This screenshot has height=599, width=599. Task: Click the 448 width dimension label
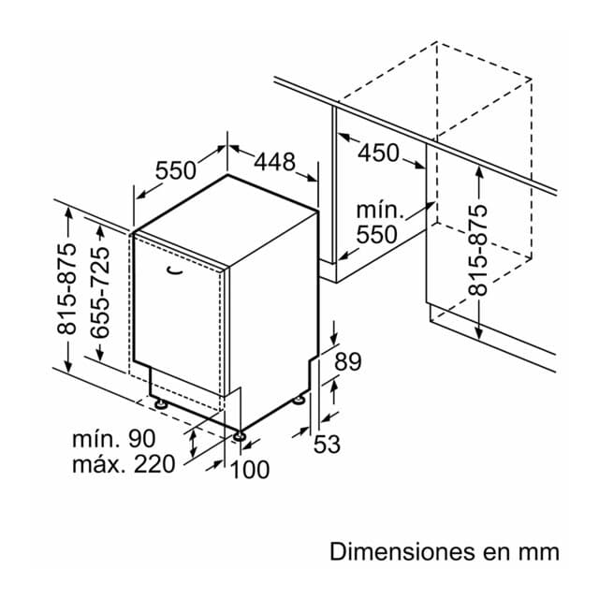[274, 162]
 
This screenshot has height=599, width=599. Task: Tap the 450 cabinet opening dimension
[378, 153]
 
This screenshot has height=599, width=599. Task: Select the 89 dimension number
[347, 361]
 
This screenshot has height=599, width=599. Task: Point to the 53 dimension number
[327, 444]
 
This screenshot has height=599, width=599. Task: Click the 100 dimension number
[250, 469]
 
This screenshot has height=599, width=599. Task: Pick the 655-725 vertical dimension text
[100, 292]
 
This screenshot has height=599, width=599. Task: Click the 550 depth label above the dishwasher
[176, 170]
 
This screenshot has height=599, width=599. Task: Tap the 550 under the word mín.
[376, 234]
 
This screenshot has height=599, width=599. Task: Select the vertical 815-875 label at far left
[66, 288]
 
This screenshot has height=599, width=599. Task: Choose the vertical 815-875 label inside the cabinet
[478, 251]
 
